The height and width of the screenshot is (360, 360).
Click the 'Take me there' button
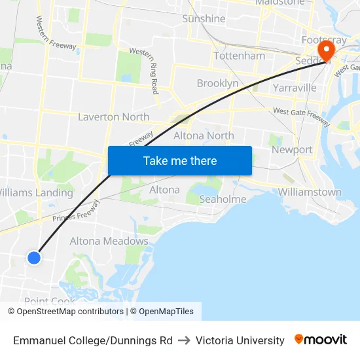[180, 160]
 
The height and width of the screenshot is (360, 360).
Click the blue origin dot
[34, 258]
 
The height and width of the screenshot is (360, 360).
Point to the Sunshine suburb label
[204, 19]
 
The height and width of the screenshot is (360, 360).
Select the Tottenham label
[240, 56]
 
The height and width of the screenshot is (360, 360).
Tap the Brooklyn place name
[217, 83]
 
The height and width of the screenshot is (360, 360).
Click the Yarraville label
[295, 88]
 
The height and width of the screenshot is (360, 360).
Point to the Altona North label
[204, 135]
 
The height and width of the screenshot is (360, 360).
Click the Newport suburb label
[292, 149]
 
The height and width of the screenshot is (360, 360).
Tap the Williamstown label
[310, 192]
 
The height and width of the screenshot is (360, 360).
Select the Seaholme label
[223, 199]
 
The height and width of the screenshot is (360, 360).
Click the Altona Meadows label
[109, 241]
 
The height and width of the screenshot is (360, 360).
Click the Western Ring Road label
[145, 69]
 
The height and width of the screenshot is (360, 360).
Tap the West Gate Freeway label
[302, 116]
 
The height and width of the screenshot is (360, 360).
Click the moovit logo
[321, 340]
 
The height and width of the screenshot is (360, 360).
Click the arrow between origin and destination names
[184, 340]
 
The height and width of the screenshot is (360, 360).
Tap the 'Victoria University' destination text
[240, 340]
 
